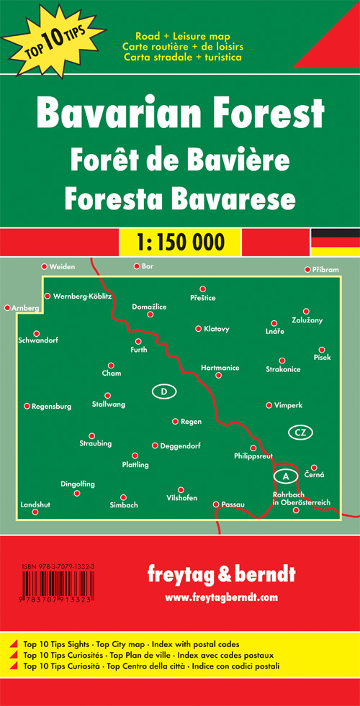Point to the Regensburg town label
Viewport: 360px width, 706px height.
pyautogui.click(x=52, y=407)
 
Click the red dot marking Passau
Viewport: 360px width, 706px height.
pyautogui.click(x=216, y=504)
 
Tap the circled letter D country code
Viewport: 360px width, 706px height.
pyautogui.click(x=164, y=392)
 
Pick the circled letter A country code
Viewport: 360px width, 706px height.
pyautogui.click(x=285, y=476)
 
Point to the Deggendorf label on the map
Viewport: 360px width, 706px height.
pyautogui.click(x=179, y=445)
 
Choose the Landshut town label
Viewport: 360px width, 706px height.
pyautogui.click(x=35, y=504)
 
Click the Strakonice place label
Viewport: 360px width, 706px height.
pyautogui.click(x=283, y=369)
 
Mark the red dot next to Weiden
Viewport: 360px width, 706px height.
pyautogui.click(x=45, y=267)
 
